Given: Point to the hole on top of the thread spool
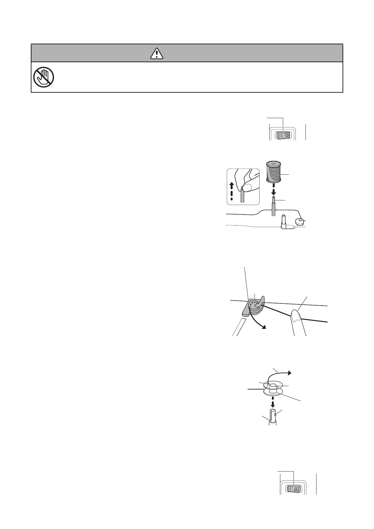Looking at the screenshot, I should pyautogui.click(x=273, y=164).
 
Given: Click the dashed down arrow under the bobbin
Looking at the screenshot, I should pyautogui.click(x=273, y=403).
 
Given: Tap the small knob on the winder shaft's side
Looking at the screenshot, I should pyautogui.click(x=275, y=415).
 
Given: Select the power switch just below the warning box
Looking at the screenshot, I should pyautogui.click(x=283, y=135).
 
